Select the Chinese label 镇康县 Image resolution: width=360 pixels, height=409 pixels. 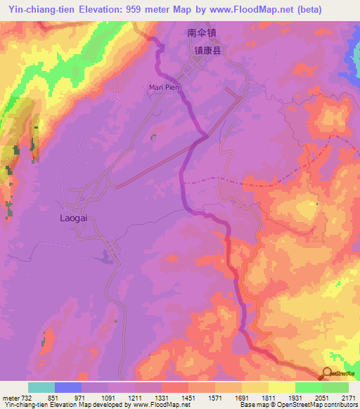click(x=208, y=51)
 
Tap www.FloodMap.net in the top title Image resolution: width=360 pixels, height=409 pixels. click(x=248, y=9)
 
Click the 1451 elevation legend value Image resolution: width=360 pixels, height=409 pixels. click(x=188, y=398)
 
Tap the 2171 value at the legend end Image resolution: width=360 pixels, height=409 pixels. click(x=349, y=398)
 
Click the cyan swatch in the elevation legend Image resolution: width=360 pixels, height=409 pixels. click(x=41, y=387)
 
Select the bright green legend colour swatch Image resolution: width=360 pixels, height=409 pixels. click(x=309, y=387)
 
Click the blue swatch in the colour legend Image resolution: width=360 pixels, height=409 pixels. click(x=68, y=387)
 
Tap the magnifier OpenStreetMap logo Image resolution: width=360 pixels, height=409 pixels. click(x=328, y=374)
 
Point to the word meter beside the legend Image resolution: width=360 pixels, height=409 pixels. click(x=11, y=398)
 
